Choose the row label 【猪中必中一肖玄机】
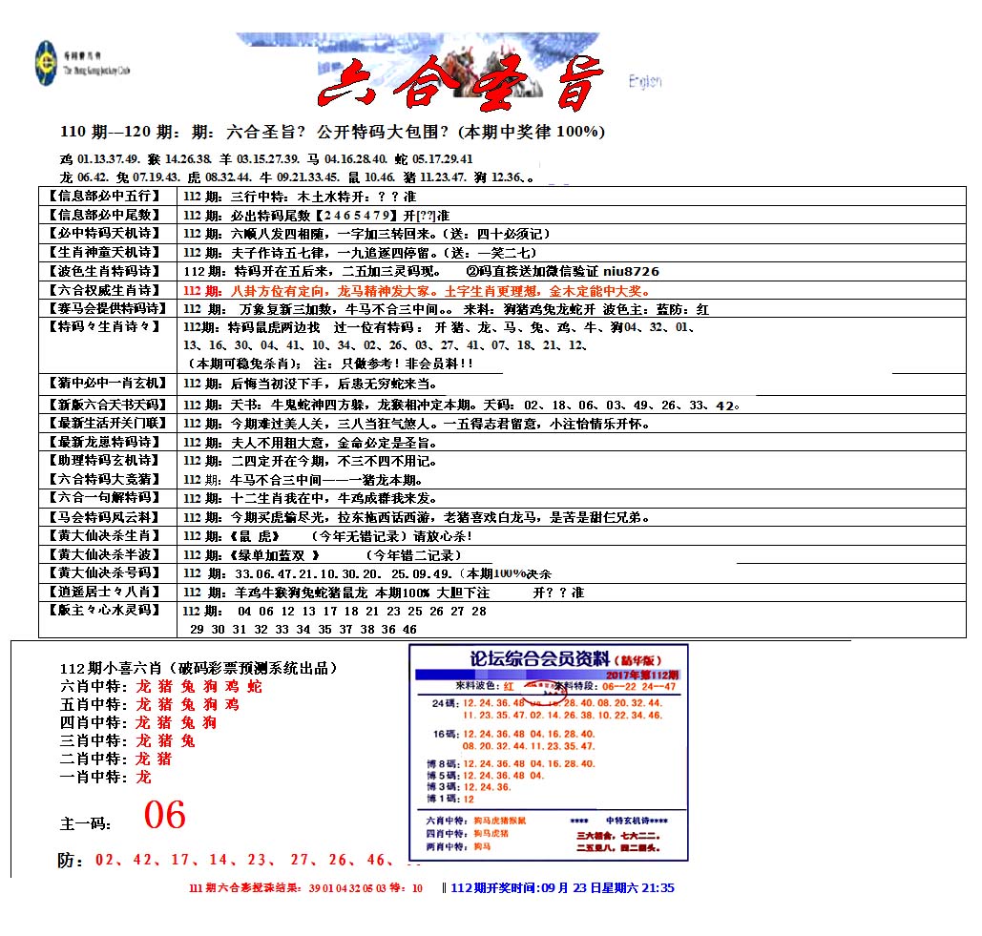coord(105,384)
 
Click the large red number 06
coord(164,816)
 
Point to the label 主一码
coord(85,822)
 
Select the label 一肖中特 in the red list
coord(93,777)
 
